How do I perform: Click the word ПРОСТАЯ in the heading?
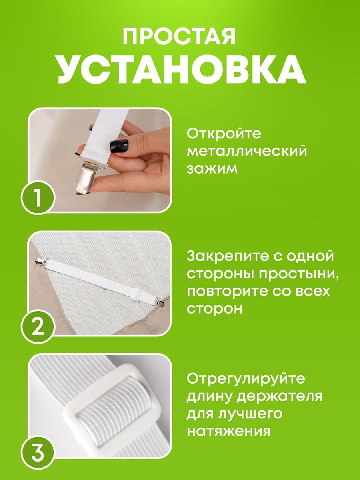(179, 37)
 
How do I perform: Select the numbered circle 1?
(38, 198)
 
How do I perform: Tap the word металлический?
(247, 151)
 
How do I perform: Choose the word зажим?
(212, 169)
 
